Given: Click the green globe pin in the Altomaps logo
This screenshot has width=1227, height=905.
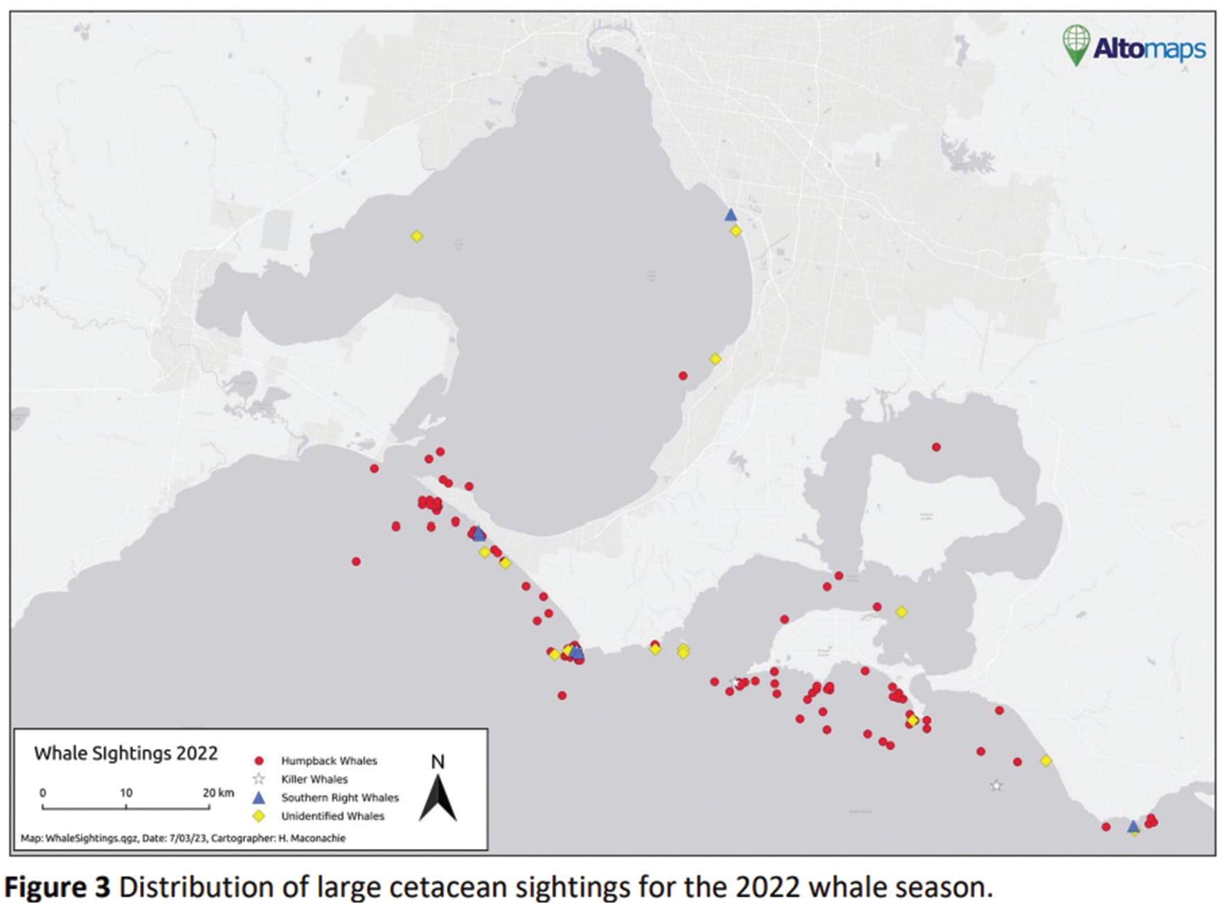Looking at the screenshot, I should coord(1075,43).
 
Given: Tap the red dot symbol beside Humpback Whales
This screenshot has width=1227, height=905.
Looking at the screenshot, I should coord(259,760).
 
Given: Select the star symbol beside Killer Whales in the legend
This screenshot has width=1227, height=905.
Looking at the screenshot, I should coord(259,779).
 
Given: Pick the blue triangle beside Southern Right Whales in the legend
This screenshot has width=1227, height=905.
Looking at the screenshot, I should coord(259,798).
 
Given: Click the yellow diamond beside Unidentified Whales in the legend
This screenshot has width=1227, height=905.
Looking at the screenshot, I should coord(259,816).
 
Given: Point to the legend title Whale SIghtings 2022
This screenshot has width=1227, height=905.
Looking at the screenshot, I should coord(126,753).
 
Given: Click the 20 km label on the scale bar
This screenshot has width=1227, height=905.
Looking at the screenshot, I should coord(218,793).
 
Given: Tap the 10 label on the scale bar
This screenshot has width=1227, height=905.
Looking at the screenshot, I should coord(126,793).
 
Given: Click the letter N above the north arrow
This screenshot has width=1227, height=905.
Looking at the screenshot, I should coord(438,762).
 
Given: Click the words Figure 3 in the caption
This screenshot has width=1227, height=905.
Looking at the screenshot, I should coord(57,887).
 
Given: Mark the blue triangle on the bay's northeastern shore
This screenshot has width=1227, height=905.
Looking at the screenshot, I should coord(731,215).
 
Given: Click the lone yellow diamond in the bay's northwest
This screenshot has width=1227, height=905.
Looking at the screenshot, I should coord(416,237).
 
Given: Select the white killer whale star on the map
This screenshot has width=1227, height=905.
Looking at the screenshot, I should coord(996,786).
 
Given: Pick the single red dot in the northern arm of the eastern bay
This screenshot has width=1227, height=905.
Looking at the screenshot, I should coord(936,447).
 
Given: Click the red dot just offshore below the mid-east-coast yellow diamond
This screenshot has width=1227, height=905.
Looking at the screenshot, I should coord(683,376).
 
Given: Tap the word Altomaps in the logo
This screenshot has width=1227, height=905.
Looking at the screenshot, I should coord(1149,48).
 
